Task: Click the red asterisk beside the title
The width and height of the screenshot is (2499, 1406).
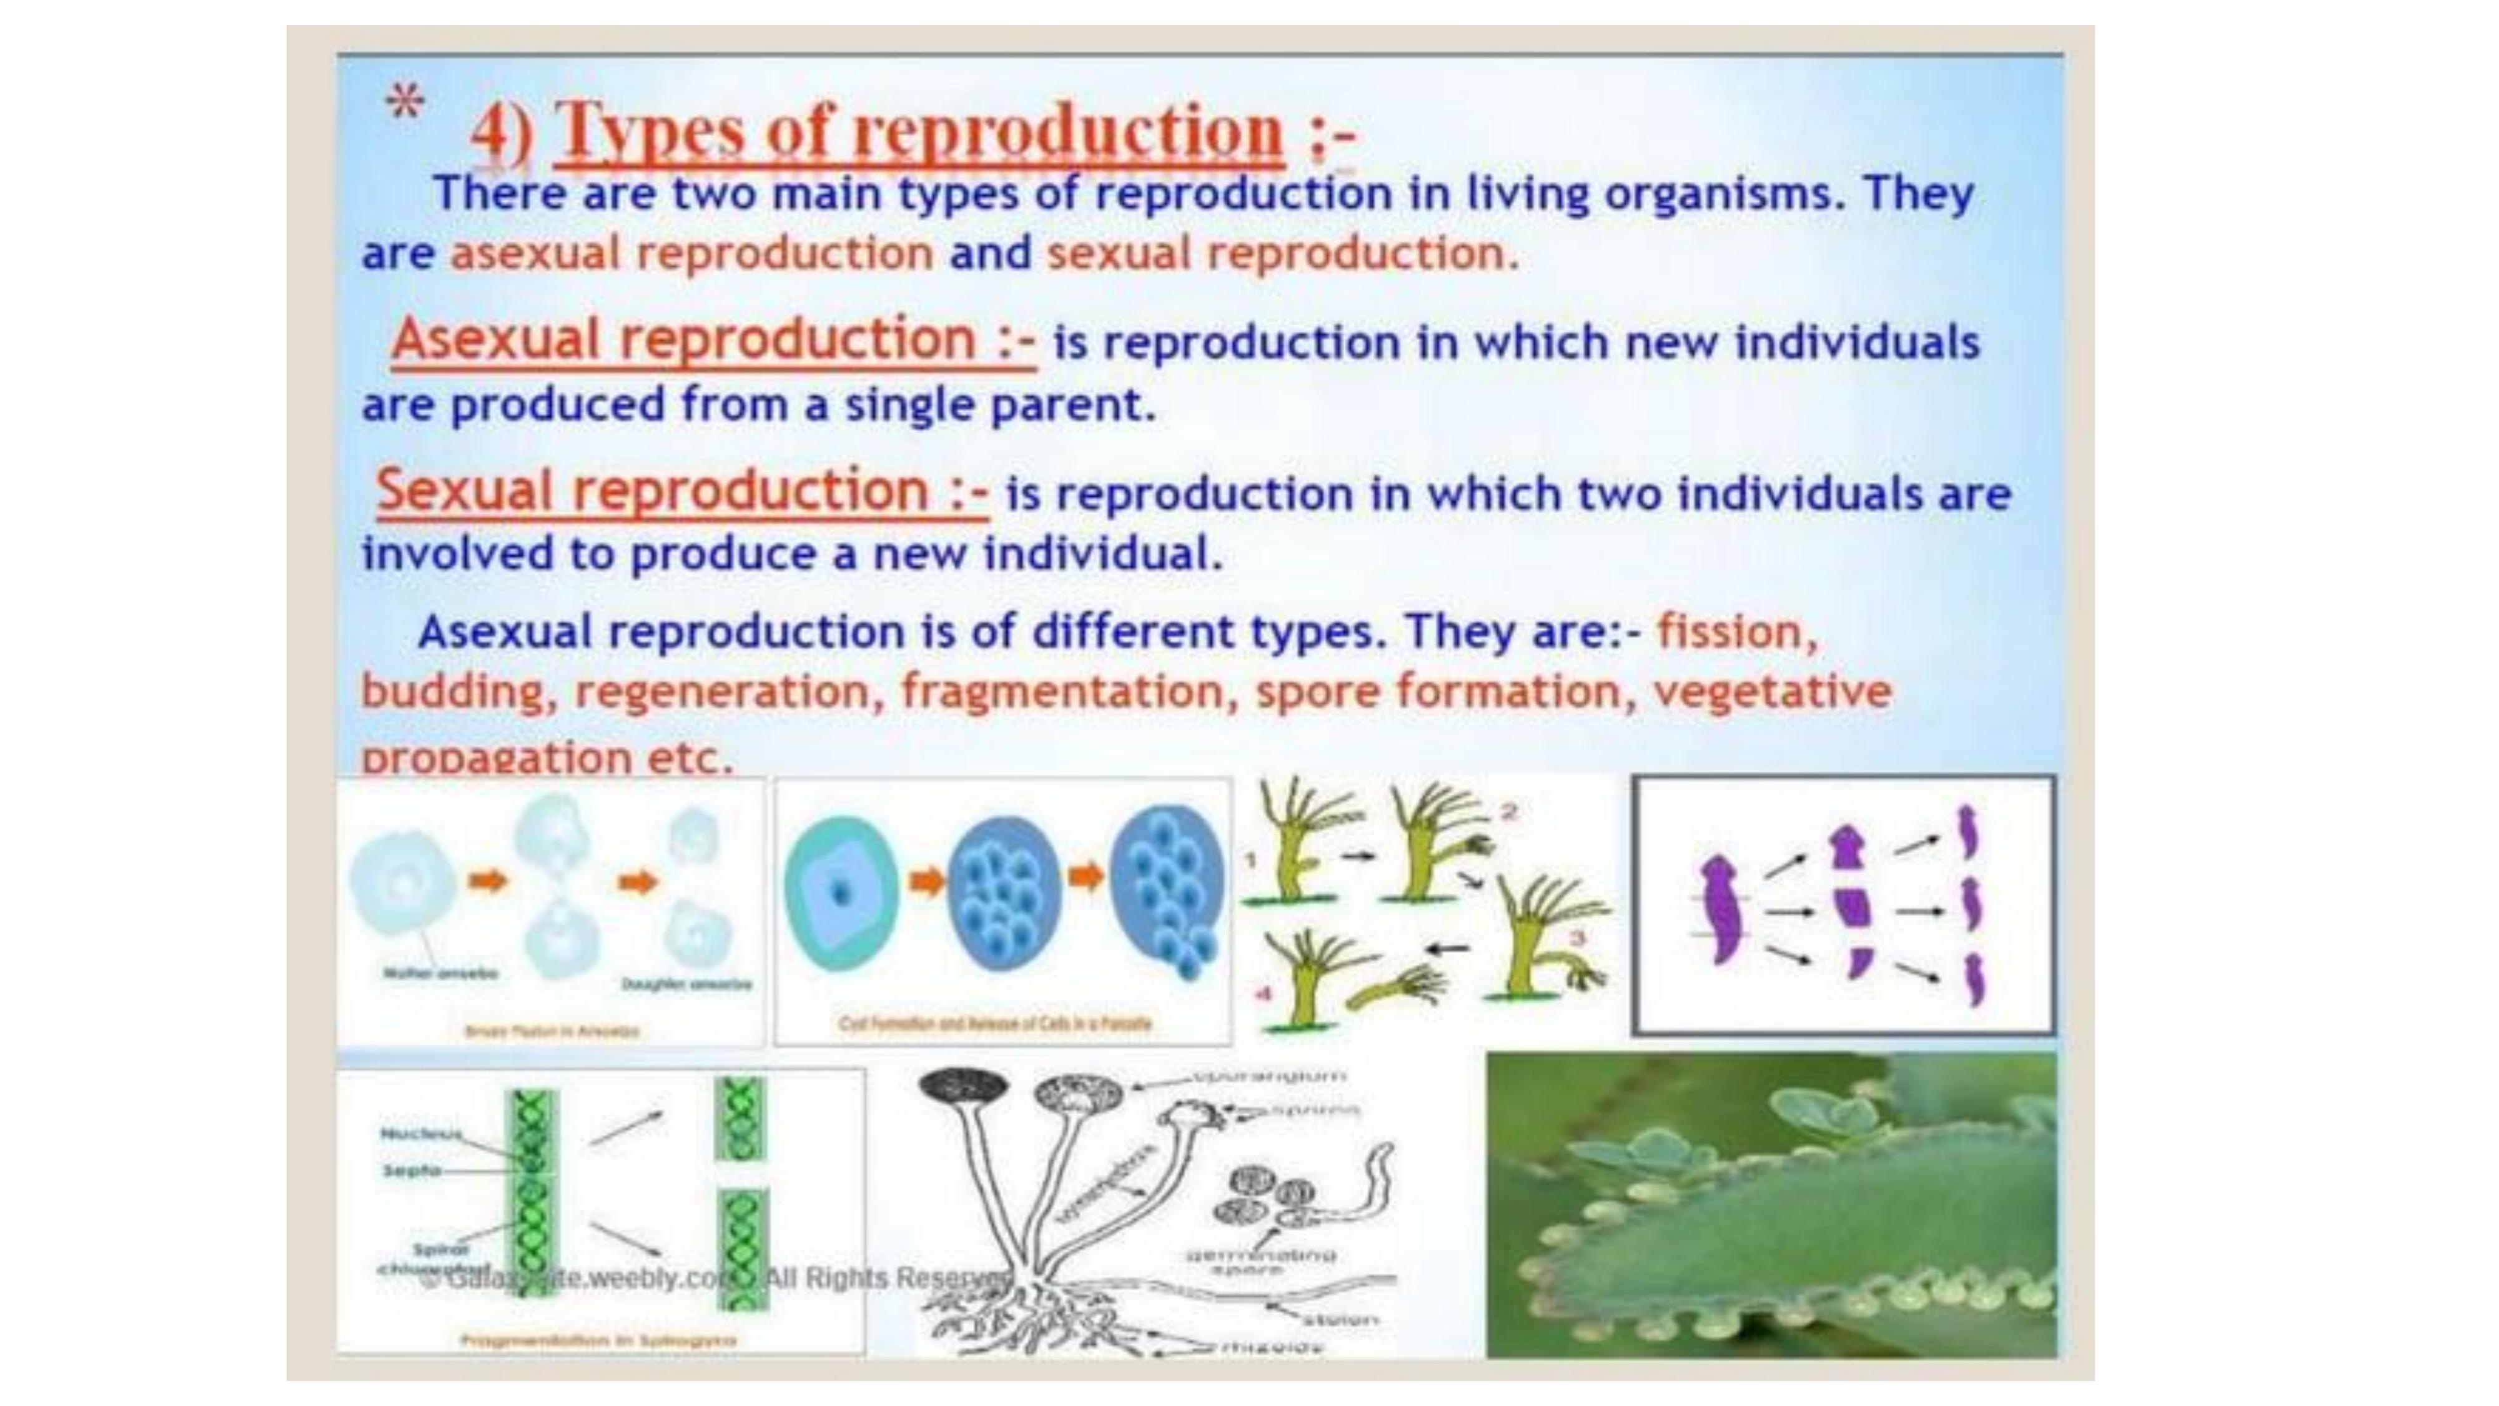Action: click(405, 101)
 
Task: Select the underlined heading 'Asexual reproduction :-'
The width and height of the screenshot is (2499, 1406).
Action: click(713, 339)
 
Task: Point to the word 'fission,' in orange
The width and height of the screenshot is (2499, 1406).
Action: click(1736, 632)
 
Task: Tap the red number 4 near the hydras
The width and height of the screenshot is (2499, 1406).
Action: click(1263, 994)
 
